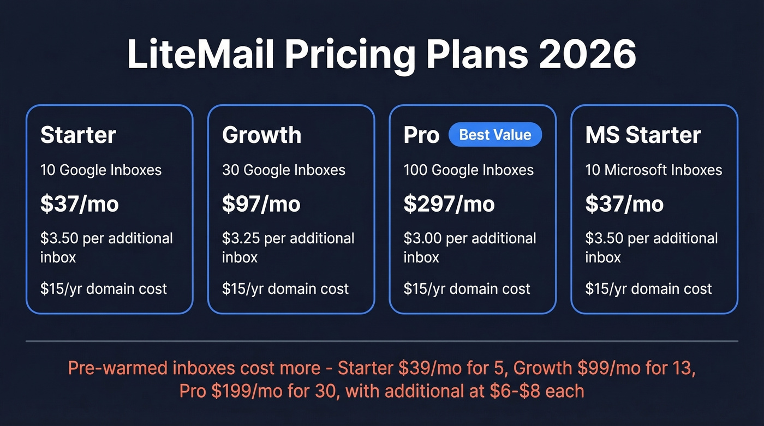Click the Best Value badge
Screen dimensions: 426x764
coord(495,135)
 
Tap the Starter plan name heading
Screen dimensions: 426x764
coord(78,135)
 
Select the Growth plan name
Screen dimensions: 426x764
coord(261,135)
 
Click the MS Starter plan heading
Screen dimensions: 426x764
coord(643,135)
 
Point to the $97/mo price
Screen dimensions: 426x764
coord(261,204)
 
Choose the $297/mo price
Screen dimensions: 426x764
coord(449,204)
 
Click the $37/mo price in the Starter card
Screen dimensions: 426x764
coord(79,204)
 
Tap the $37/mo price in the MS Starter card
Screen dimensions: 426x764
coord(624,204)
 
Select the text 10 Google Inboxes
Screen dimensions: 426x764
coord(101,170)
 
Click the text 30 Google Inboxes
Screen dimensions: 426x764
coord(284,170)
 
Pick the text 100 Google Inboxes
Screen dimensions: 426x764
coord(468,170)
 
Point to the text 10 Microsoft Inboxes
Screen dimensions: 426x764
coord(654,170)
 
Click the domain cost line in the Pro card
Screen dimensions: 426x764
coord(467,289)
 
